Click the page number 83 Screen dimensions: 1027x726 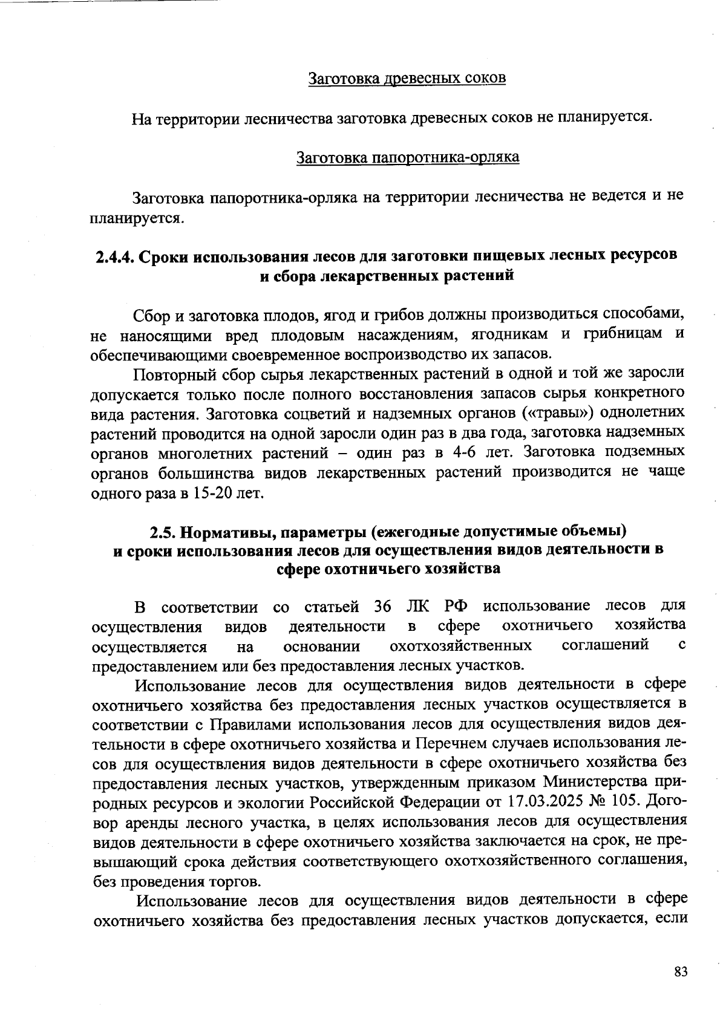point(681,972)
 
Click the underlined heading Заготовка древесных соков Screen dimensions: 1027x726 point(407,79)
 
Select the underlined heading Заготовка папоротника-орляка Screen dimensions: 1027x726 point(407,158)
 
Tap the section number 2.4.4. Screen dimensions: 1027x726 point(115,256)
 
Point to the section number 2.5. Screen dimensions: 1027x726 point(163,532)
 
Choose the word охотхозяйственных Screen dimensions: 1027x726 point(461,646)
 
